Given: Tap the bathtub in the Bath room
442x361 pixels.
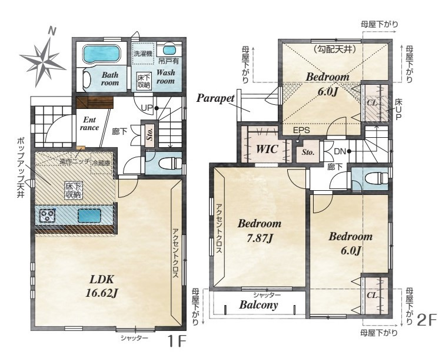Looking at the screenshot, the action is point(101,54).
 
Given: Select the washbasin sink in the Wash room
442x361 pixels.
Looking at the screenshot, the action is point(169,51).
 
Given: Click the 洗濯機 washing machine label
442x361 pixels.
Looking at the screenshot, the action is point(143,54).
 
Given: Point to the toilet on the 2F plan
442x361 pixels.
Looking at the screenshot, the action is point(376,178).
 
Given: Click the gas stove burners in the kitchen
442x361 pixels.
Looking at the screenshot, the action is point(47,216).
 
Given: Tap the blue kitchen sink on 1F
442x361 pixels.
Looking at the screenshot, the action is point(89,216).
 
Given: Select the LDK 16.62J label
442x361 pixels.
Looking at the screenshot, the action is point(101,286).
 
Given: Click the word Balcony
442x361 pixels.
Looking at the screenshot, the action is point(258,305).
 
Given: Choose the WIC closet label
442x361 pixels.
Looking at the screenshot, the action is point(267,149).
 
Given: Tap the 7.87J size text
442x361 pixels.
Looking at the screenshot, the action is point(260,239).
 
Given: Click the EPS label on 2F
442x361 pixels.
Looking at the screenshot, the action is point(301,130).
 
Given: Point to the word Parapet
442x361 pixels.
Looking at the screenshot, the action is point(215,98).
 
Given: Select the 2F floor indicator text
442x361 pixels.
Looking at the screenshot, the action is point(427,320).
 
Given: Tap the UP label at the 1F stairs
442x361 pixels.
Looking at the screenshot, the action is point(147,108).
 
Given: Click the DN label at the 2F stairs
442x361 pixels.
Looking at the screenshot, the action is point(340,151).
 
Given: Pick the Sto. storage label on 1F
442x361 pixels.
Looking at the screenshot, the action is point(149,134).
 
